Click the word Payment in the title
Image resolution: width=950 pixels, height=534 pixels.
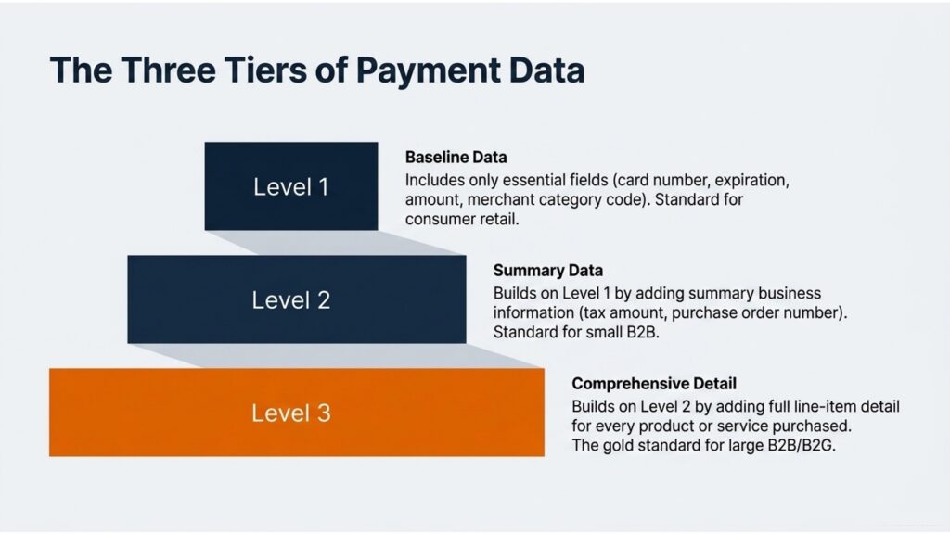coord(428,70)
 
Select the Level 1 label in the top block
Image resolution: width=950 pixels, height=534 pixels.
coord(290,186)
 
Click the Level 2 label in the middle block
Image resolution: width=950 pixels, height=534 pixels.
coord(290,299)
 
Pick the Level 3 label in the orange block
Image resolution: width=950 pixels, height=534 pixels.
coord(290,413)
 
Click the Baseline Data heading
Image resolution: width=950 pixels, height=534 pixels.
coord(456,158)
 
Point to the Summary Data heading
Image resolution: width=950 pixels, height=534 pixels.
coord(547,271)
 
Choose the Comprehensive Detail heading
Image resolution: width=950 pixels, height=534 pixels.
coord(654,384)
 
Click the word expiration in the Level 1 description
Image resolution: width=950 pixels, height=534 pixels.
coord(751,181)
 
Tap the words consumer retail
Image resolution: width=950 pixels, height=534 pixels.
coord(462,219)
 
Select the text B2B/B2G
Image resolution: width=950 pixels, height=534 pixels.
coord(802,446)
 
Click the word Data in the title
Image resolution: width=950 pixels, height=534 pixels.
coord(546,70)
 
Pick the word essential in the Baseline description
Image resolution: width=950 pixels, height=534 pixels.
coord(534,181)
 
